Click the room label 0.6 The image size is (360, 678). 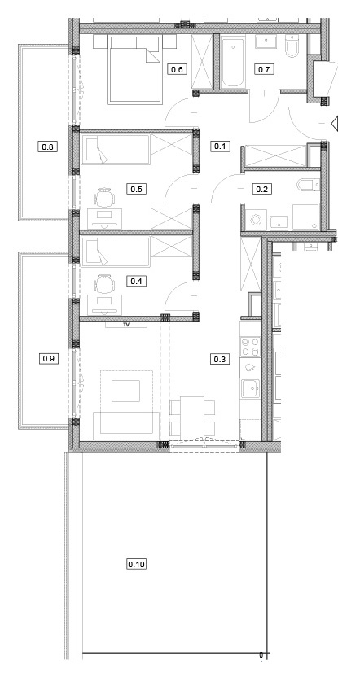[177, 69]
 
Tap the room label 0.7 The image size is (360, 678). [264, 69]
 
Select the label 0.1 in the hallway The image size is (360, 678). [220, 147]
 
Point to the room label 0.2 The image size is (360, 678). [261, 189]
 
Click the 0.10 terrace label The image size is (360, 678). [137, 564]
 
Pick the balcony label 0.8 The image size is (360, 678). [48, 147]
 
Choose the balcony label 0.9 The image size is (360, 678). [48, 358]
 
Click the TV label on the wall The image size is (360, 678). [127, 324]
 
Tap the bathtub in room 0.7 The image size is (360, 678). [233, 62]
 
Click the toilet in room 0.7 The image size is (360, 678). [293, 46]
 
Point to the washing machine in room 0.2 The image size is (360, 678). [256, 220]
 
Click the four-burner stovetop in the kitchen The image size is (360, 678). [251, 345]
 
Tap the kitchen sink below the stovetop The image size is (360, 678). [251, 389]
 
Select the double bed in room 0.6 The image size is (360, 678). [135, 70]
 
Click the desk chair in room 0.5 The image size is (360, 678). [105, 199]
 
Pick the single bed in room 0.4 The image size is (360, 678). [115, 252]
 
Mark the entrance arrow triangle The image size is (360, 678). [334, 124]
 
